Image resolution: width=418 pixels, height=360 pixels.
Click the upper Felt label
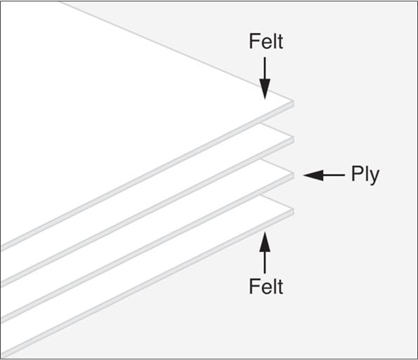coord(266,41)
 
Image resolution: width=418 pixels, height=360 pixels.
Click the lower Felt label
coord(266,286)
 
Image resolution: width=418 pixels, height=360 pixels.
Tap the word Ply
coord(365,175)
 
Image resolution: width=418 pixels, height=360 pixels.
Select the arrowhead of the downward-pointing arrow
coord(265,89)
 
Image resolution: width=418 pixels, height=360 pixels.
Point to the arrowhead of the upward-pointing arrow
coord(265,242)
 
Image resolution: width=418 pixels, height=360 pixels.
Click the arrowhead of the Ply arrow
coord(313,175)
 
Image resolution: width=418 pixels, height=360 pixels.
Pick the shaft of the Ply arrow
coord(334,175)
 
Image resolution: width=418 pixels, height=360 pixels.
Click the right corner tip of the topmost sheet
coord(294,101)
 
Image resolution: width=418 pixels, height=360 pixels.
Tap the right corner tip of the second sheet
coord(294,137)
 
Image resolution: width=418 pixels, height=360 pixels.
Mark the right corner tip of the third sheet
coord(294,173)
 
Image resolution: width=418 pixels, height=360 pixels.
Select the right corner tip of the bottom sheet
coord(294,209)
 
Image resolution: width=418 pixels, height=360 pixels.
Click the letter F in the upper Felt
coord(254,41)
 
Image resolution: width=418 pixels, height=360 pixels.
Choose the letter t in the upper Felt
coord(280,42)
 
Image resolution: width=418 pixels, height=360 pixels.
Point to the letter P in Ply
coord(357,173)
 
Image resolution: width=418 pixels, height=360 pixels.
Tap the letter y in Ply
coord(374,178)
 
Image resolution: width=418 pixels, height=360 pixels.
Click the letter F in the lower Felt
coord(254,286)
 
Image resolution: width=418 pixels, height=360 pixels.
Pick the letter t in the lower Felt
coord(280,287)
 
